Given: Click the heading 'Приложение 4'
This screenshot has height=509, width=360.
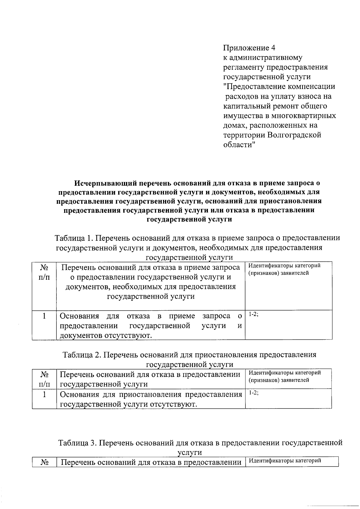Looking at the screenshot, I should (x=249, y=48).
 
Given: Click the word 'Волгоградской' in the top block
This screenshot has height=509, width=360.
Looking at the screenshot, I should (x=294, y=135).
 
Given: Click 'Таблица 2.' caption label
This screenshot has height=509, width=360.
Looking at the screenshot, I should (x=82, y=355).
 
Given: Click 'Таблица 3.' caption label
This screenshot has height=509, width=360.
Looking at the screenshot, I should (x=78, y=443).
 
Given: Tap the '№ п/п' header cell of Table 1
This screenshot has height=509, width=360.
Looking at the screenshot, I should (x=44, y=272).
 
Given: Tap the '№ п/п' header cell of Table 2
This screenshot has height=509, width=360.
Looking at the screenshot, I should (x=44, y=379).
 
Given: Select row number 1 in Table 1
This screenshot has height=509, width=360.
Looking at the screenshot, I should (x=44, y=316).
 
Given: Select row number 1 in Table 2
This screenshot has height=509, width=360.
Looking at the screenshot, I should (x=44, y=394).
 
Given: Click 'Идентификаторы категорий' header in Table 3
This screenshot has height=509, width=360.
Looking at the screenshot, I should (x=285, y=461).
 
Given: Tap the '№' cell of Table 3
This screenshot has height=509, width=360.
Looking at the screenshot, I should (x=44, y=462).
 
